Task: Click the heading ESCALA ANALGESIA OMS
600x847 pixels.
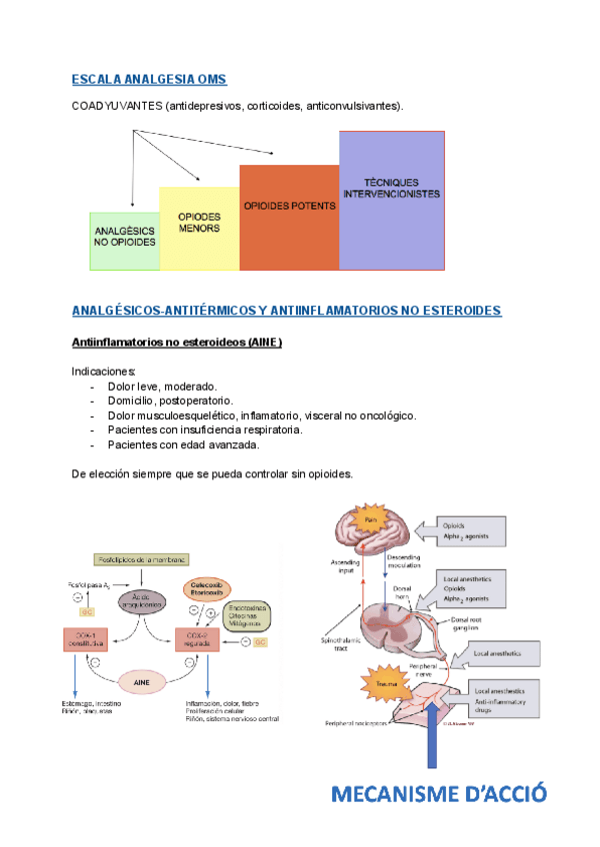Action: [149, 79]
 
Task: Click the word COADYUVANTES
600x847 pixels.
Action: [117, 106]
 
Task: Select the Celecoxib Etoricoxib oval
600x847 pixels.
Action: [204, 589]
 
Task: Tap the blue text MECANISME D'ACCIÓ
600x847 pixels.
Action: [440, 794]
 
